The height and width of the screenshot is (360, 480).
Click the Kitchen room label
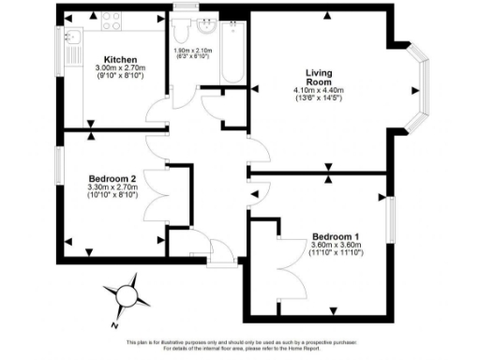[122, 58]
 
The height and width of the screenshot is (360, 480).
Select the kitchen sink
[73, 39]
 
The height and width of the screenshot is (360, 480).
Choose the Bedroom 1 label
[334, 236]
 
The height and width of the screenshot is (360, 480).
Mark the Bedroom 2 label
[112, 177]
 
